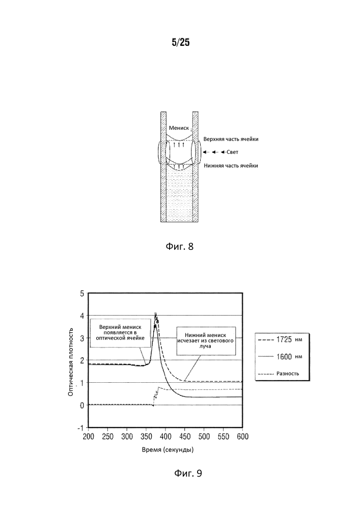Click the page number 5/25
[x=181, y=42]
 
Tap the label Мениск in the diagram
[x=179, y=128]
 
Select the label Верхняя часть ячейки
[x=231, y=139]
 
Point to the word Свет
[x=232, y=152]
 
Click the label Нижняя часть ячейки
[x=231, y=165]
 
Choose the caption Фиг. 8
[x=180, y=246]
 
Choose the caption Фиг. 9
[x=188, y=473]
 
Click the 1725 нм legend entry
[x=280, y=340]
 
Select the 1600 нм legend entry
[x=280, y=357]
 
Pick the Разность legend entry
[x=279, y=373]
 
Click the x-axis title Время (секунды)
[x=168, y=449]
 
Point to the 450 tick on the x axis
[x=185, y=436]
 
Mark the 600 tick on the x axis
[x=242, y=436]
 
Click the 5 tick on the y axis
[x=82, y=294]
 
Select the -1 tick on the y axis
[x=80, y=428]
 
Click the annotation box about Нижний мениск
[x=205, y=340]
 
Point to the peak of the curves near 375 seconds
[x=155, y=314]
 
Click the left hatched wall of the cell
[x=163, y=167]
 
